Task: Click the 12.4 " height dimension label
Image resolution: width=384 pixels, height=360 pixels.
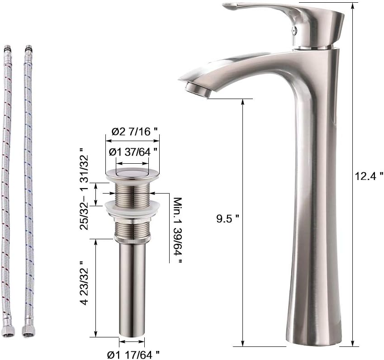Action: pos(369,176)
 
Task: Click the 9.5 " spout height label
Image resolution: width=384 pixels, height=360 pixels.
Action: pos(228,218)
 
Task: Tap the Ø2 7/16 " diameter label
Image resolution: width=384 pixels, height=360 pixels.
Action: pos(134,132)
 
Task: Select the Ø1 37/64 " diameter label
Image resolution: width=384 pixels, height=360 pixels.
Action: pos(133,152)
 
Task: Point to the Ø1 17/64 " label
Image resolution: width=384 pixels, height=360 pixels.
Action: pos(133,354)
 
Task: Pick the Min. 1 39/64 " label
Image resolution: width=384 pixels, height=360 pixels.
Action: pos(178,230)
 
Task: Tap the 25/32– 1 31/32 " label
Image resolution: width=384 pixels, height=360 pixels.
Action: pos(84,189)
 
